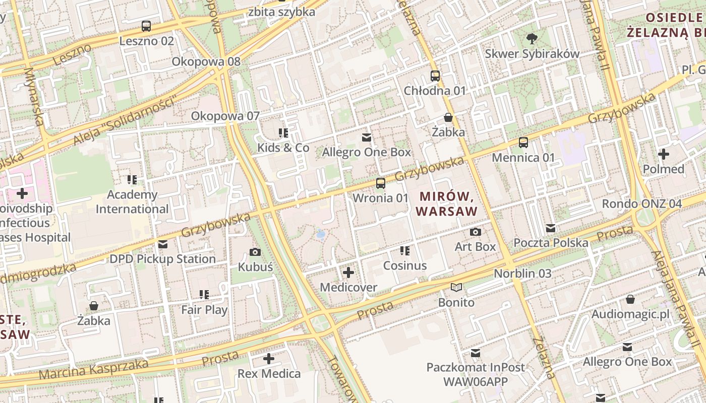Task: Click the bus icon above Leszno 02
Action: [146, 26]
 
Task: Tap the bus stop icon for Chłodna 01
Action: [435, 76]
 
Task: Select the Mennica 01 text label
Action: [523, 158]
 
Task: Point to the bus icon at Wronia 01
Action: [381, 183]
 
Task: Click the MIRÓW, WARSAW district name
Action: [448, 204]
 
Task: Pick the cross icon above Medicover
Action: [348, 273]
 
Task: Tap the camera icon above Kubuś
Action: [255, 252]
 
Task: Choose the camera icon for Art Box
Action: [475, 232]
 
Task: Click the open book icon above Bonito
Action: [456, 288]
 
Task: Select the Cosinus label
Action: [405, 265]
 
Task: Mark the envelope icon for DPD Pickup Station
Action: [163, 244]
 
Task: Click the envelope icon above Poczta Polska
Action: [551, 228]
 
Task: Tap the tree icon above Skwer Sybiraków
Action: [532, 38]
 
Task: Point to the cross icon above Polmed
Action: [663, 154]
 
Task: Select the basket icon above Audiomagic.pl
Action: [630, 300]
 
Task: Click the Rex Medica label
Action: [269, 374]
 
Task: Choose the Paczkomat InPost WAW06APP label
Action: [476, 374]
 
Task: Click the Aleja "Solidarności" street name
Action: [127, 120]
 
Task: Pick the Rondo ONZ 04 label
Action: [641, 204]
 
